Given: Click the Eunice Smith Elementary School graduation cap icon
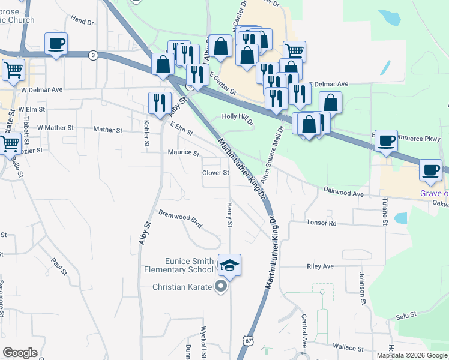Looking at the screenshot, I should click(229, 264).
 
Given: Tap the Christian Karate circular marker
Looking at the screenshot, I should click(221, 287).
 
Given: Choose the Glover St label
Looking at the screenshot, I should click(215, 173).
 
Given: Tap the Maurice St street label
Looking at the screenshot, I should click(183, 153).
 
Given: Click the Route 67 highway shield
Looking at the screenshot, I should click(249, 340).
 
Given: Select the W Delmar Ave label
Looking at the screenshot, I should click(41, 90).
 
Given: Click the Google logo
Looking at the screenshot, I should click(20, 353).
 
